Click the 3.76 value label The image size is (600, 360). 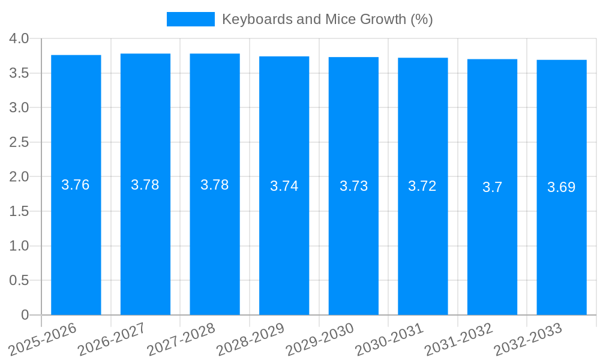tap(76, 185)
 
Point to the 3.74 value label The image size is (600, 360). tap(284, 186)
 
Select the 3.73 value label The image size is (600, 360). tap(353, 186)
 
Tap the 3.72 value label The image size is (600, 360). tap(422, 186)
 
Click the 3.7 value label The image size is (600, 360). tap(492, 187)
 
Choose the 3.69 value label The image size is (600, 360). tap(562, 187)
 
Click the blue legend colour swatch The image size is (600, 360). tap(190, 19)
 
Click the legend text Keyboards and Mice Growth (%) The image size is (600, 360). tap(327, 19)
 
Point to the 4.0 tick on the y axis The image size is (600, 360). tap(19, 38)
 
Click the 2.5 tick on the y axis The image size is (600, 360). tap(19, 142)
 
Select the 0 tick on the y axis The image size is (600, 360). tap(25, 315)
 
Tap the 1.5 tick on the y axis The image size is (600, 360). tap(19, 211)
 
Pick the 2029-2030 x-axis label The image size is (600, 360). tap(320, 339)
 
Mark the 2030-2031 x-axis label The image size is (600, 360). tap(389, 339)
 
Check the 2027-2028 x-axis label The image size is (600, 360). tap(181, 339)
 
